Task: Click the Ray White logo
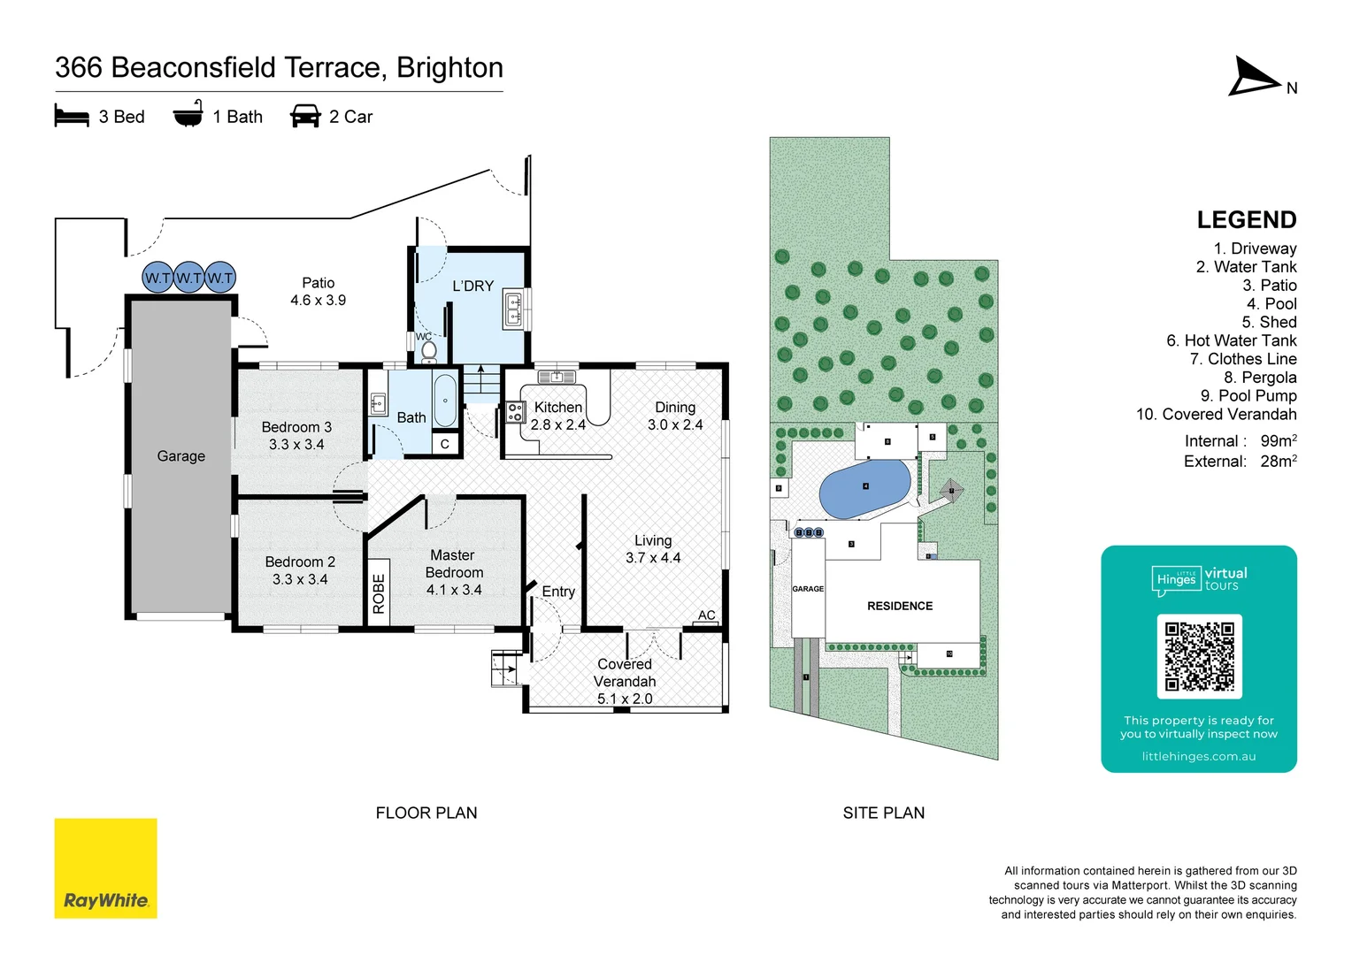105,868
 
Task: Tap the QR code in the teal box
1199,656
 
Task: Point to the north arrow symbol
1255,77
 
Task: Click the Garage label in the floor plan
181,456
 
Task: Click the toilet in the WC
429,351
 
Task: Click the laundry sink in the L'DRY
513,310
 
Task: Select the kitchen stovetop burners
515,412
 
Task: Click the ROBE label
379,593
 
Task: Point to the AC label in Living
706,615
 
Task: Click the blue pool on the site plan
864,488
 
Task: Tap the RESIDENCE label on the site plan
900,606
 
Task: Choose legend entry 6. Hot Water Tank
1231,340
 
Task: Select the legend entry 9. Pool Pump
1248,395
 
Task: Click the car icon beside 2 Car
305,117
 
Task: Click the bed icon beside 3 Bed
72,117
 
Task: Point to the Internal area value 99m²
1279,440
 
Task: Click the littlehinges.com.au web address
1198,757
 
